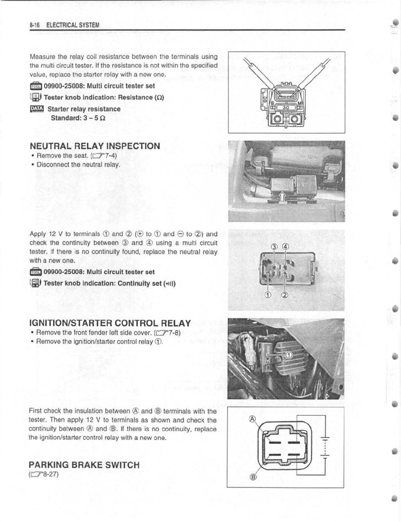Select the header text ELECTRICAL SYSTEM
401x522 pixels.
pyautogui.click(x=72, y=25)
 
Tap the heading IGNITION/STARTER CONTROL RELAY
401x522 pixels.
pyautogui.click(x=109, y=323)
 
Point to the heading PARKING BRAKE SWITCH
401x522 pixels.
pyautogui.click(x=84, y=465)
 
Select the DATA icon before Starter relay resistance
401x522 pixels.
pyautogui.click(x=36, y=108)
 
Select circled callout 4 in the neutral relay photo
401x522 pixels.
pyautogui.click(x=285, y=246)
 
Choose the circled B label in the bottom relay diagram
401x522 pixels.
pyautogui.click(x=253, y=476)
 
